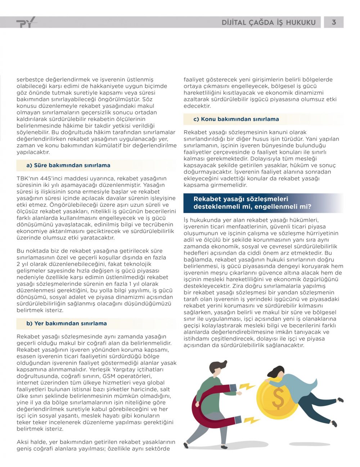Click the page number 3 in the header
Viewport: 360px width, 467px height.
[x=334, y=22]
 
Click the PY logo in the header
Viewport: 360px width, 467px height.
[x=26, y=22]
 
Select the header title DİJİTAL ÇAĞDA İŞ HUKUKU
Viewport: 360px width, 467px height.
[x=269, y=23]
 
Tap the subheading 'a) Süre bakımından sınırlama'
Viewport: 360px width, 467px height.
[x=68, y=165]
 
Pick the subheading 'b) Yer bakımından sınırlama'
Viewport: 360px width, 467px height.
[x=67, y=323]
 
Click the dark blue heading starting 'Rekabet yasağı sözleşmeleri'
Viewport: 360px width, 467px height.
[x=252, y=203]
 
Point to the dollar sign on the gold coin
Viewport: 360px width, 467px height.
[x=278, y=397]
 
